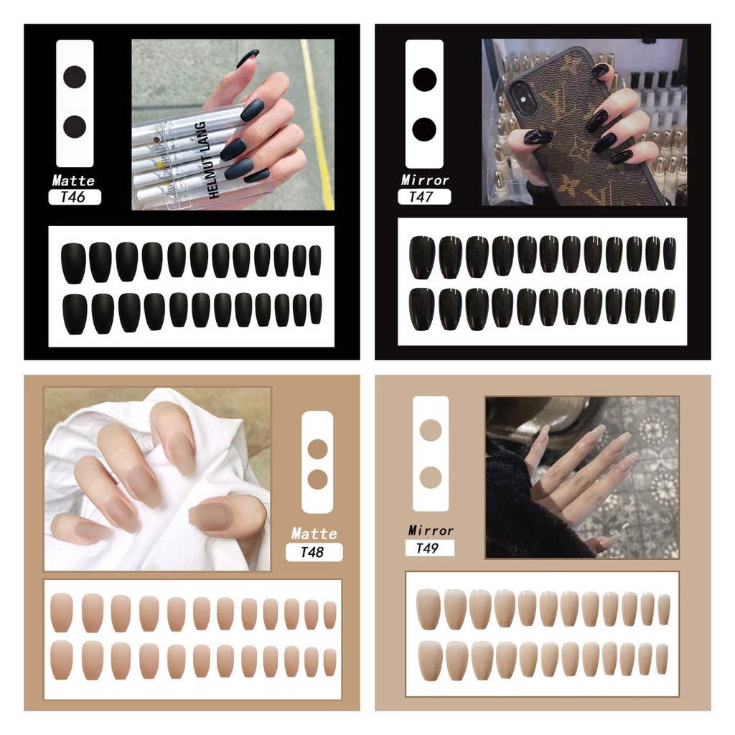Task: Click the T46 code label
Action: (x=74, y=197)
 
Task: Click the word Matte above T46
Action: (x=74, y=180)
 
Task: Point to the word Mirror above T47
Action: (x=425, y=180)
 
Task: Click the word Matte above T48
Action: (x=314, y=533)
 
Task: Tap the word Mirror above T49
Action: (x=431, y=530)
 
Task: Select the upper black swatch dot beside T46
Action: (x=75, y=77)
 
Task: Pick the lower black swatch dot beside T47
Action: (x=424, y=129)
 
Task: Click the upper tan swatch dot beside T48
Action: (x=317, y=449)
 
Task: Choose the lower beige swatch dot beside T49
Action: (x=431, y=477)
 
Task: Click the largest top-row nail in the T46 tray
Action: (x=74, y=263)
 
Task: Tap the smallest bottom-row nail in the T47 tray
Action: (x=669, y=304)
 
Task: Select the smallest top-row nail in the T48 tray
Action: (x=330, y=614)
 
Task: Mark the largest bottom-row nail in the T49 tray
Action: (x=431, y=661)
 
